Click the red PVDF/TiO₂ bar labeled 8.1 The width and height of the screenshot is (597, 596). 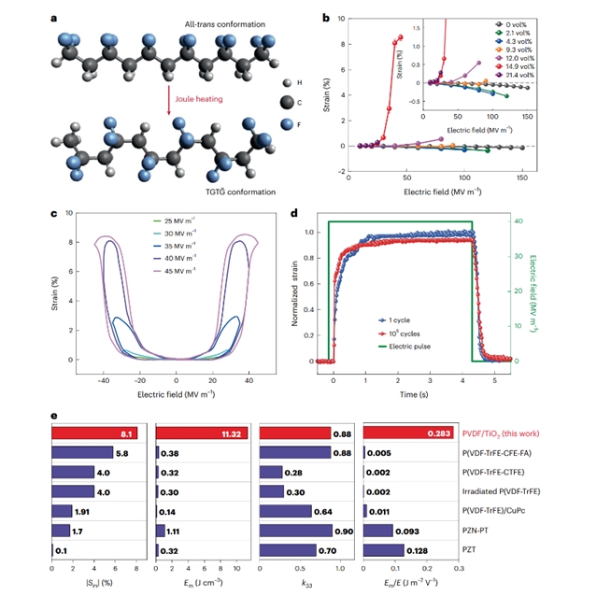pyautogui.click(x=93, y=432)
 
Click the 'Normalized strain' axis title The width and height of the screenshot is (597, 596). pyautogui.click(x=296, y=285)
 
